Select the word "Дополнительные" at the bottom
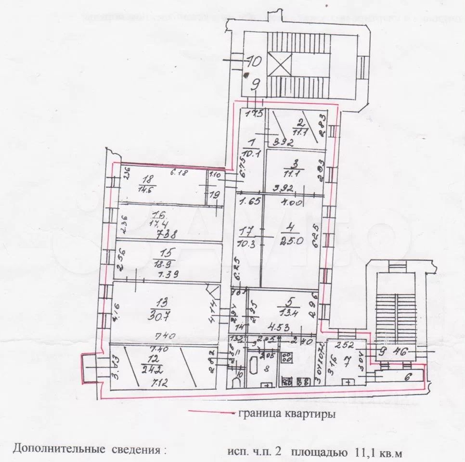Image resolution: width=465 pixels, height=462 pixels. [58, 450]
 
